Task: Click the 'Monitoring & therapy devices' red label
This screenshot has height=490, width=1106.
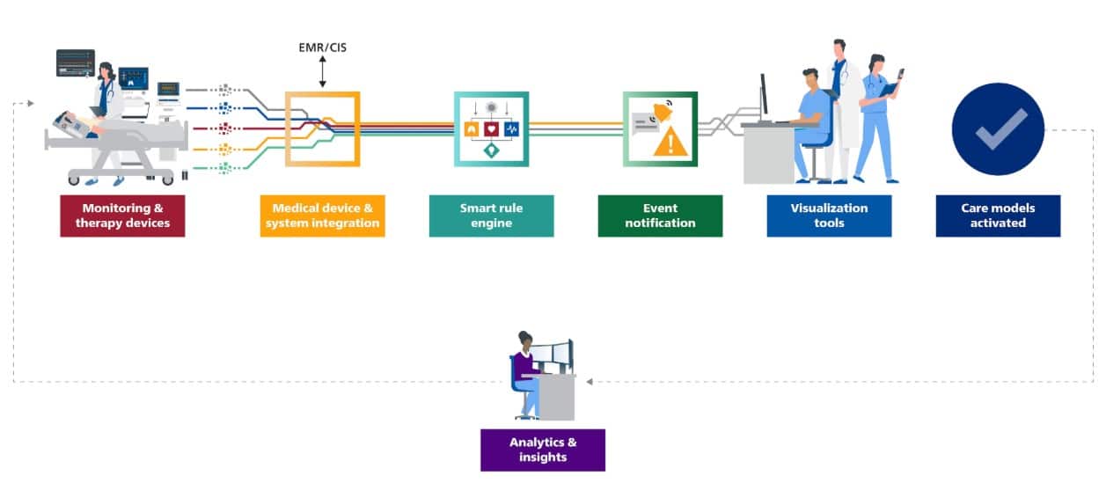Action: (x=122, y=216)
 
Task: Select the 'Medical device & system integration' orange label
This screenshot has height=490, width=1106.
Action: (x=322, y=216)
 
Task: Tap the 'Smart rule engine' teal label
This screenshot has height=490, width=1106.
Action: (x=491, y=216)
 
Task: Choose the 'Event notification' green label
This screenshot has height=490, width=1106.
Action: (x=660, y=216)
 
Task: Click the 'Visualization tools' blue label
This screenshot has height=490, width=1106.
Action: (x=829, y=216)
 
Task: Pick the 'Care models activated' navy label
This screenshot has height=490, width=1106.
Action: (x=998, y=216)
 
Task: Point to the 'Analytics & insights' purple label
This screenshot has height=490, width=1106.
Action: (x=543, y=450)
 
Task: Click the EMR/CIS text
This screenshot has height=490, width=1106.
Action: (x=323, y=48)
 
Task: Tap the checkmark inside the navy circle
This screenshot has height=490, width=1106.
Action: (x=998, y=128)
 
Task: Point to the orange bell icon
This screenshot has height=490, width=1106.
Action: (x=661, y=112)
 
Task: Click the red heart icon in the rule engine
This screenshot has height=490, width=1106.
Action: (x=491, y=128)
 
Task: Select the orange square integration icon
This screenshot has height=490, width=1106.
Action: (x=322, y=128)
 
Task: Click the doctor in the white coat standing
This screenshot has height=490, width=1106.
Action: (x=843, y=106)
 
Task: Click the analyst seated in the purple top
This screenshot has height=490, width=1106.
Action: (x=524, y=369)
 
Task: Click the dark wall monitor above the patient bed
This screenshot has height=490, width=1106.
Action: (x=75, y=62)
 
